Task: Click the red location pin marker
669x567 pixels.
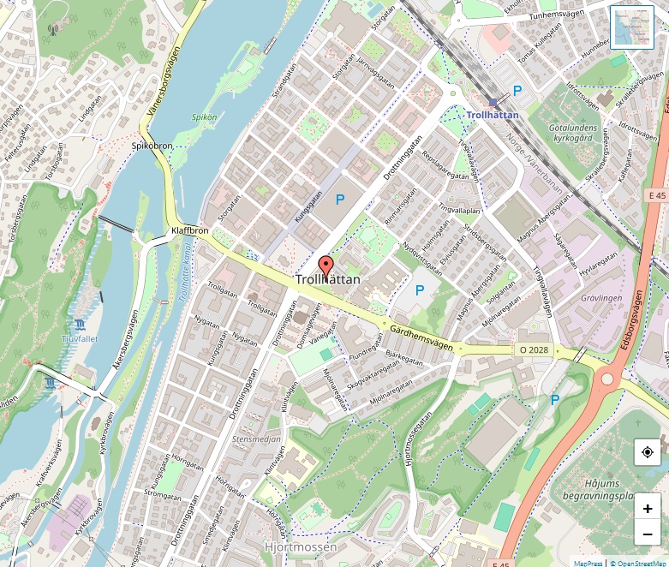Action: click(x=326, y=265)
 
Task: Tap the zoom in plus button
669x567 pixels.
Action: click(x=647, y=509)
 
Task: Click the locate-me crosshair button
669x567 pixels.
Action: click(x=647, y=451)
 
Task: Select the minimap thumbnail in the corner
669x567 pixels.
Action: click(x=632, y=27)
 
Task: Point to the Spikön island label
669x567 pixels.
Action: click(x=205, y=116)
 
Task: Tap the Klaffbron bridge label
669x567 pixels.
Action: click(x=189, y=231)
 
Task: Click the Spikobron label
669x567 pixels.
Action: click(x=152, y=146)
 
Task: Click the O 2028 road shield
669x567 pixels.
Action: click(x=534, y=350)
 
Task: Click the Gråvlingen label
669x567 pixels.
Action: click(x=601, y=298)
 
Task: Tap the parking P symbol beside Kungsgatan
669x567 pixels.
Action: click(x=340, y=200)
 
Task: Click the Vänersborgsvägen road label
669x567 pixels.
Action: click(x=168, y=86)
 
